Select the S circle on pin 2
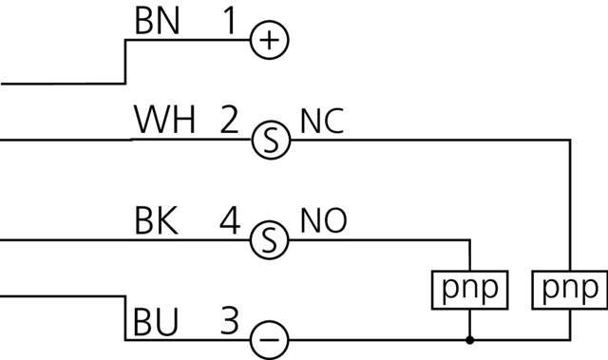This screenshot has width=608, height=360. (270, 141)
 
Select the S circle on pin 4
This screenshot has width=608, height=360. (270, 240)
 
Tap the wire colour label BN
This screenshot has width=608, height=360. (157, 23)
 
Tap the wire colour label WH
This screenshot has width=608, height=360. (164, 122)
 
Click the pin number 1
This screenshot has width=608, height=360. (228, 23)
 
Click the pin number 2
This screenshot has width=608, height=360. (229, 122)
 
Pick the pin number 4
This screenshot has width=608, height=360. (229, 221)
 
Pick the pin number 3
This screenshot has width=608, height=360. (229, 321)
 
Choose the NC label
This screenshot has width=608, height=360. (322, 122)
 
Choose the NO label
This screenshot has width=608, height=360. (323, 221)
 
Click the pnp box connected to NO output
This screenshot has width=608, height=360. (469, 289)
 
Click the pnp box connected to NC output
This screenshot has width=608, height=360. (569, 289)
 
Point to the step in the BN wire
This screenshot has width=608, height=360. (125, 63)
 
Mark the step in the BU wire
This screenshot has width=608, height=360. (125, 317)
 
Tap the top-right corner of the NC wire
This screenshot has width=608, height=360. (569, 141)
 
